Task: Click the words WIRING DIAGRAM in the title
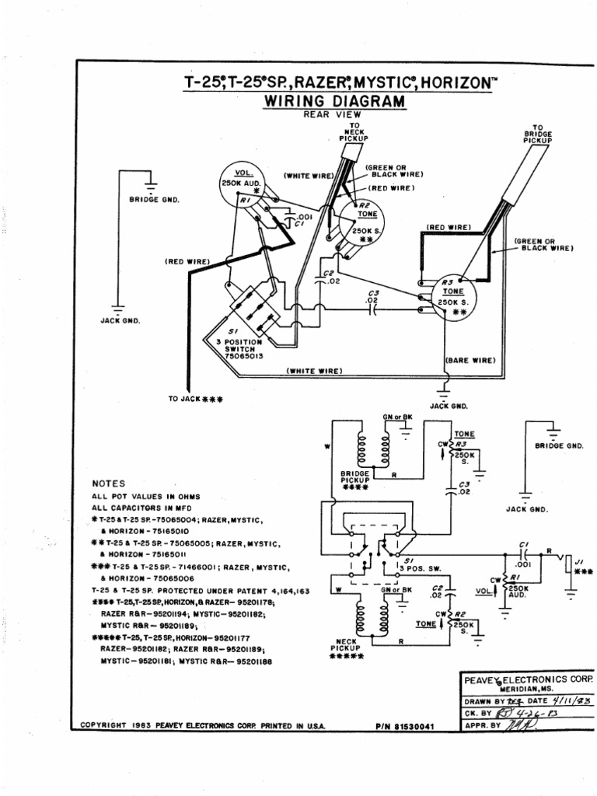[x=335, y=102]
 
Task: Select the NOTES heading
[x=109, y=483]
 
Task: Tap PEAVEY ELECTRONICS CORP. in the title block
[x=527, y=679]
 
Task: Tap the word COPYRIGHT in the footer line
[x=104, y=725]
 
